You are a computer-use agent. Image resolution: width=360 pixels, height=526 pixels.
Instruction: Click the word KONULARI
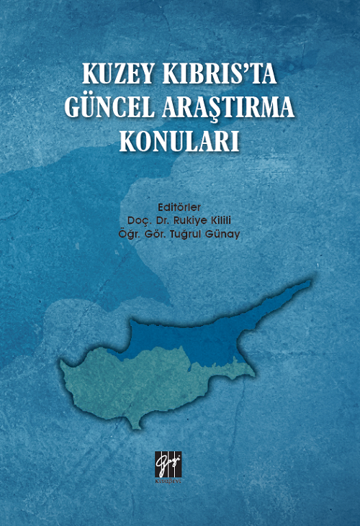[x=179, y=138]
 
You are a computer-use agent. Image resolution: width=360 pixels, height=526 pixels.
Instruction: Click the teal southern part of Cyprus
[x=144, y=389]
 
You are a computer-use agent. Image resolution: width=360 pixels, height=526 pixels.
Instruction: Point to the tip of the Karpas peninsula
[x=310, y=281]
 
